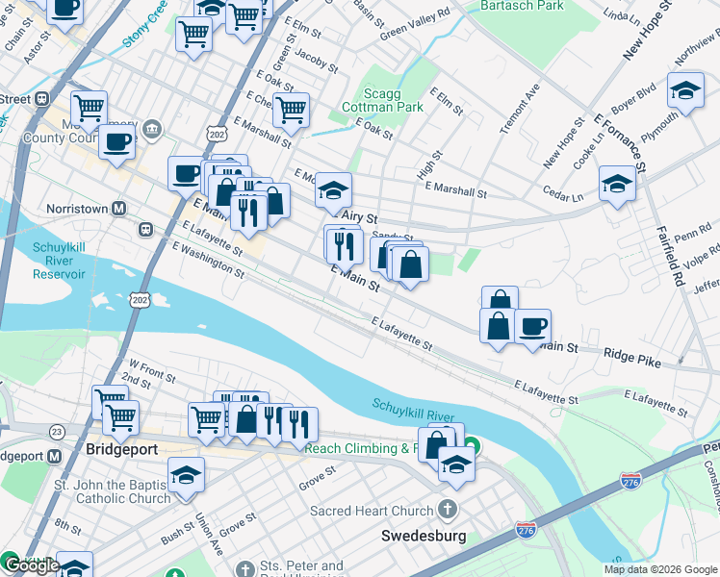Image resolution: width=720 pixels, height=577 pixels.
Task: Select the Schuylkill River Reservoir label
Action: pos(60,261)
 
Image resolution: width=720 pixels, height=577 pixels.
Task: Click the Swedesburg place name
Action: pos(424,536)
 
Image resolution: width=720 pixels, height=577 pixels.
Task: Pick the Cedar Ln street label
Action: pos(563,195)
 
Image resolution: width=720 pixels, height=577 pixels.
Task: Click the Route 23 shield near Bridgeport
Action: pos(57,432)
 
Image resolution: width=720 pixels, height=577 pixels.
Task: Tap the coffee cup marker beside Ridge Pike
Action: pos(531,326)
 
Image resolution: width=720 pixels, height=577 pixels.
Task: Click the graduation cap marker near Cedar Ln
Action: pos(617,183)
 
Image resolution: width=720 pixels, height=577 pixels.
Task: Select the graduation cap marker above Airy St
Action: pos(334,190)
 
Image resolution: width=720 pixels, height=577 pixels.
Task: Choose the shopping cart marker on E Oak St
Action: pos(290,110)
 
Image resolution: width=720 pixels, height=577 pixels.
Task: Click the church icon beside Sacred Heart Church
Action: pos(447,510)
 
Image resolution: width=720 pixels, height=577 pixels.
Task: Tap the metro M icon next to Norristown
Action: pos(119,209)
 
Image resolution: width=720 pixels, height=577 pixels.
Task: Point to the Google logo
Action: pos(32,565)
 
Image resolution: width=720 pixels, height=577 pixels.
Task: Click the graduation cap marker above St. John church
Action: pos(186,474)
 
